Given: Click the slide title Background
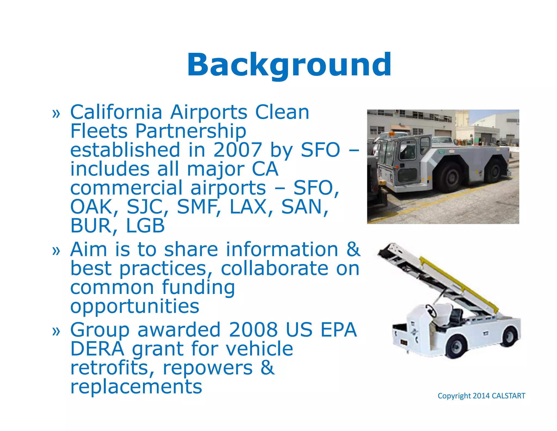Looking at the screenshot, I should pyautogui.click(x=289, y=65).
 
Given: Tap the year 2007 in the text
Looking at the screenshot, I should pyautogui.click(x=237, y=150).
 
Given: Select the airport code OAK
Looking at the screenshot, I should pyautogui.click(x=91, y=207).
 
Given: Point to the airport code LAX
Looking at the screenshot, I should pyautogui.click(x=248, y=207).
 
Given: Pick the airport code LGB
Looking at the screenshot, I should pyautogui.click(x=146, y=226).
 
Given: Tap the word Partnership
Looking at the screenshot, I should pyautogui.click(x=191, y=131).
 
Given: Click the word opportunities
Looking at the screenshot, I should pyautogui.click(x=135, y=306).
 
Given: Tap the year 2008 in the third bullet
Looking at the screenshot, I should pyautogui.click(x=253, y=330).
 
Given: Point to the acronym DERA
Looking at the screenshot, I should pyautogui.click(x=97, y=349).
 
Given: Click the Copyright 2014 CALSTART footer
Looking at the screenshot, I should pyautogui.click(x=481, y=396).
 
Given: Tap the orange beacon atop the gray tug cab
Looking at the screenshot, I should pyautogui.click(x=392, y=134).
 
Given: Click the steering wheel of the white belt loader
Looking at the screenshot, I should pyautogui.click(x=431, y=310).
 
